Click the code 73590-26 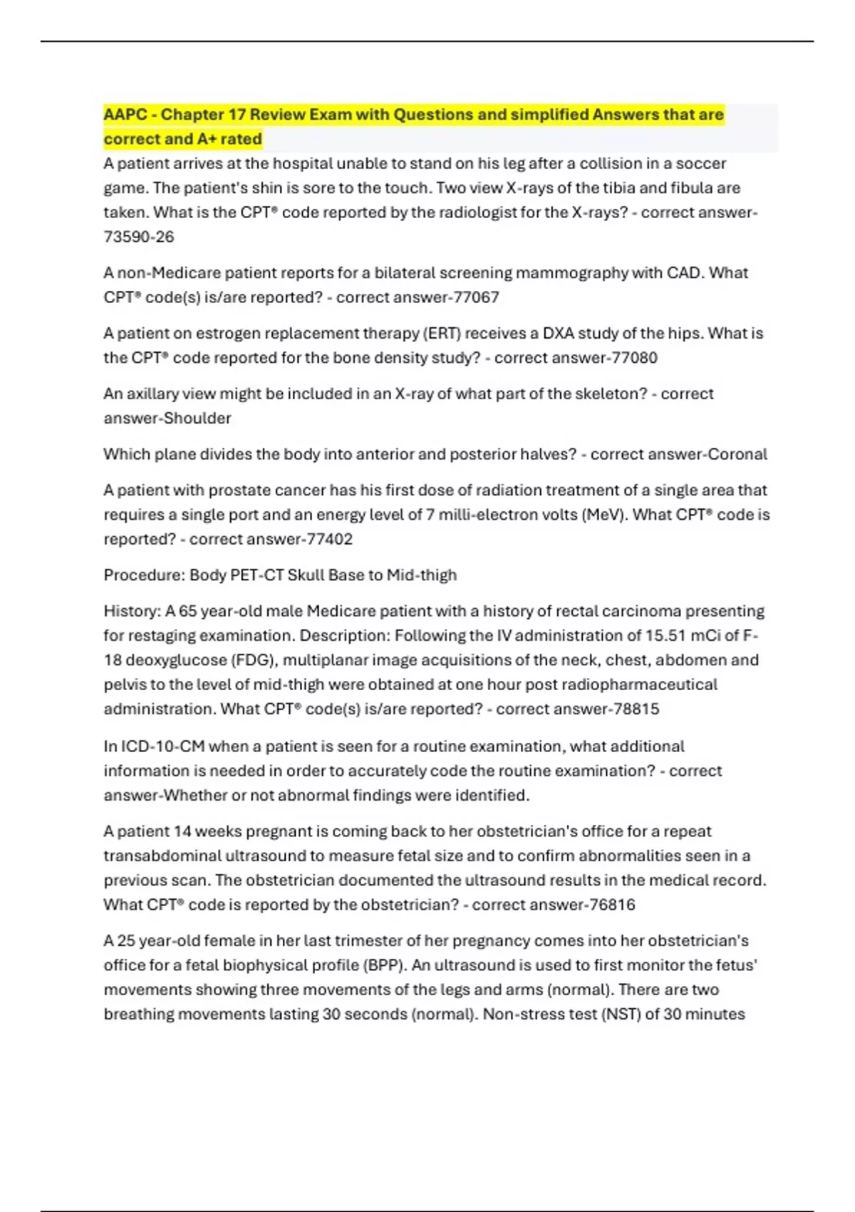tap(139, 237)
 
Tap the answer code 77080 tap(634, 358)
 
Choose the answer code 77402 tap(329, 539)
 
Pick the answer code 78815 tap(636, 709)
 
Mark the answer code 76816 tap(611, 905)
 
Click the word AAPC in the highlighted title tap(126, 115)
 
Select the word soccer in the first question tap(700, 163)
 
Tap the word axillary tap(150, 394)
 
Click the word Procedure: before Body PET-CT tap(144, 575)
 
